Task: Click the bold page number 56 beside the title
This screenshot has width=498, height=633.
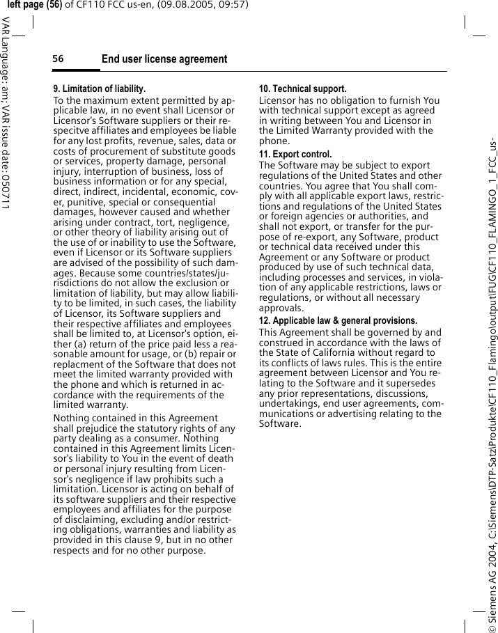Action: [58, 59]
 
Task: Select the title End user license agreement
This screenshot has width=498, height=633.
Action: [164, 59]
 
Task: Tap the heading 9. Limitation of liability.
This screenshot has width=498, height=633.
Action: [100, 89]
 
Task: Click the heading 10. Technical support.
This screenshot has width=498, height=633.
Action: [302, 89]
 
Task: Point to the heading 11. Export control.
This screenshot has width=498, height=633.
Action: [295, 154]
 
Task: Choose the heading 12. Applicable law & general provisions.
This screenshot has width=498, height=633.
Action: [338, 320]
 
